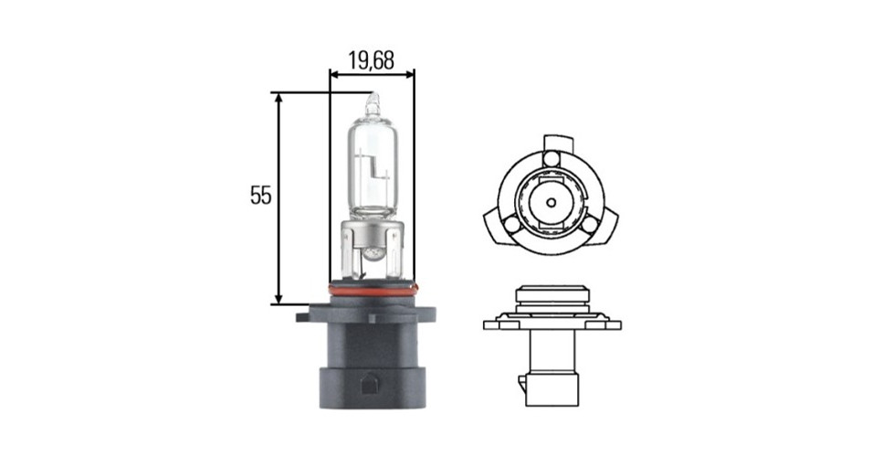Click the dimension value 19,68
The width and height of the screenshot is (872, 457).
click(x=372, y=60)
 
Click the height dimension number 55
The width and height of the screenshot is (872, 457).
click(x=261, y=196)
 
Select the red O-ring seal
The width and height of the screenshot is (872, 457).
click(x=372, y=290)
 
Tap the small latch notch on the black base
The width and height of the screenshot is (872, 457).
click(x=369, y=384)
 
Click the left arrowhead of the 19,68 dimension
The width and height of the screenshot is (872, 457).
click(x=334, y=73)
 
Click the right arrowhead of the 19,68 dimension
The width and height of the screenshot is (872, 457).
click(x=410, y=73)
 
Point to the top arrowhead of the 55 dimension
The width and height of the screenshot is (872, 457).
click(x=279, y=98)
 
